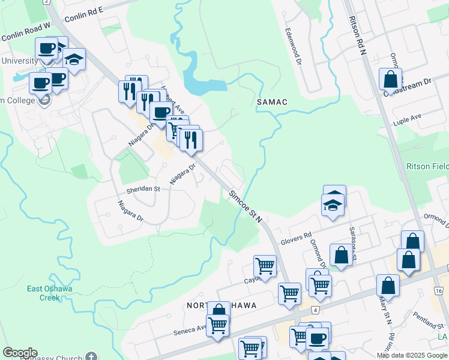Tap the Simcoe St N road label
246,205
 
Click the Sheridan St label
142,189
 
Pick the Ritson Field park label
427,166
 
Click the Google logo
20,353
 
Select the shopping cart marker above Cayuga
265,265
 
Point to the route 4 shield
315,310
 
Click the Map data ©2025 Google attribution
412,355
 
